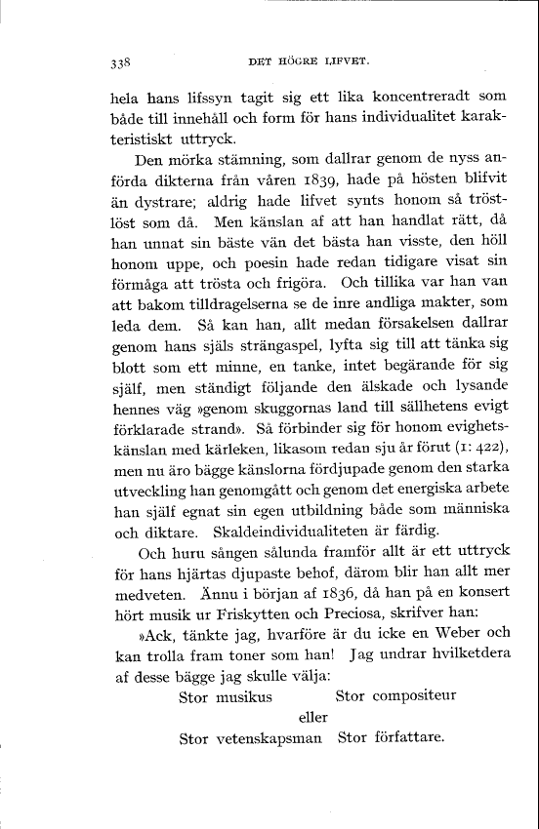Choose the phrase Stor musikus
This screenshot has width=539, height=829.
[226, 696]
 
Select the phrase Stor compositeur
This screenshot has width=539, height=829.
[398, 696]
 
